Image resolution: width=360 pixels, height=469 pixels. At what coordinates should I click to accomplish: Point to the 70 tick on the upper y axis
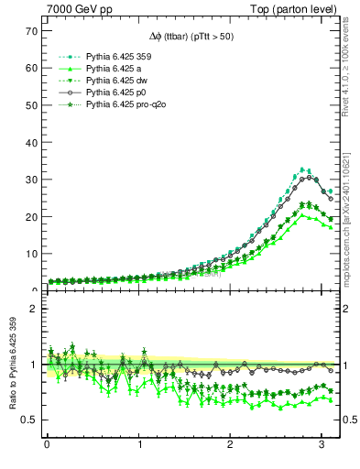tap(30, 31)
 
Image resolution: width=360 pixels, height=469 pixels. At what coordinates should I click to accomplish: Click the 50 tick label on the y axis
tap(30, 105)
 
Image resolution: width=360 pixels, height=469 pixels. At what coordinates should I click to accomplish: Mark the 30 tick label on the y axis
tap(30, 180)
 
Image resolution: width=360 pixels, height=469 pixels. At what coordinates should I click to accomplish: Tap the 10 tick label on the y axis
tap(30, 254)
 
